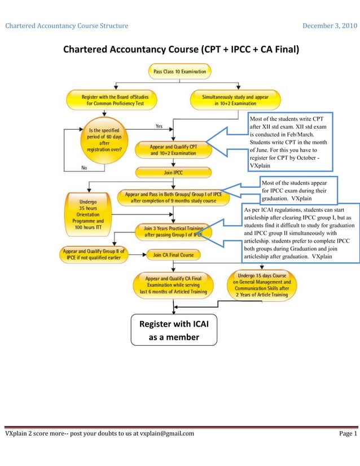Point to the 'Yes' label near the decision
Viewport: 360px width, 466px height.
159,126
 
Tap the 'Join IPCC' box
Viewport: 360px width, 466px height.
173,172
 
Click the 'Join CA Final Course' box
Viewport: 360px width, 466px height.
173,254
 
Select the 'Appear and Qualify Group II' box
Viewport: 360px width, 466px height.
94,254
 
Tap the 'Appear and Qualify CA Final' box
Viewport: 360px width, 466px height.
173,285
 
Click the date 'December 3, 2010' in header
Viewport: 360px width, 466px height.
330,25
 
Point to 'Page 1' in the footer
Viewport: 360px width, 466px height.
348,433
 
